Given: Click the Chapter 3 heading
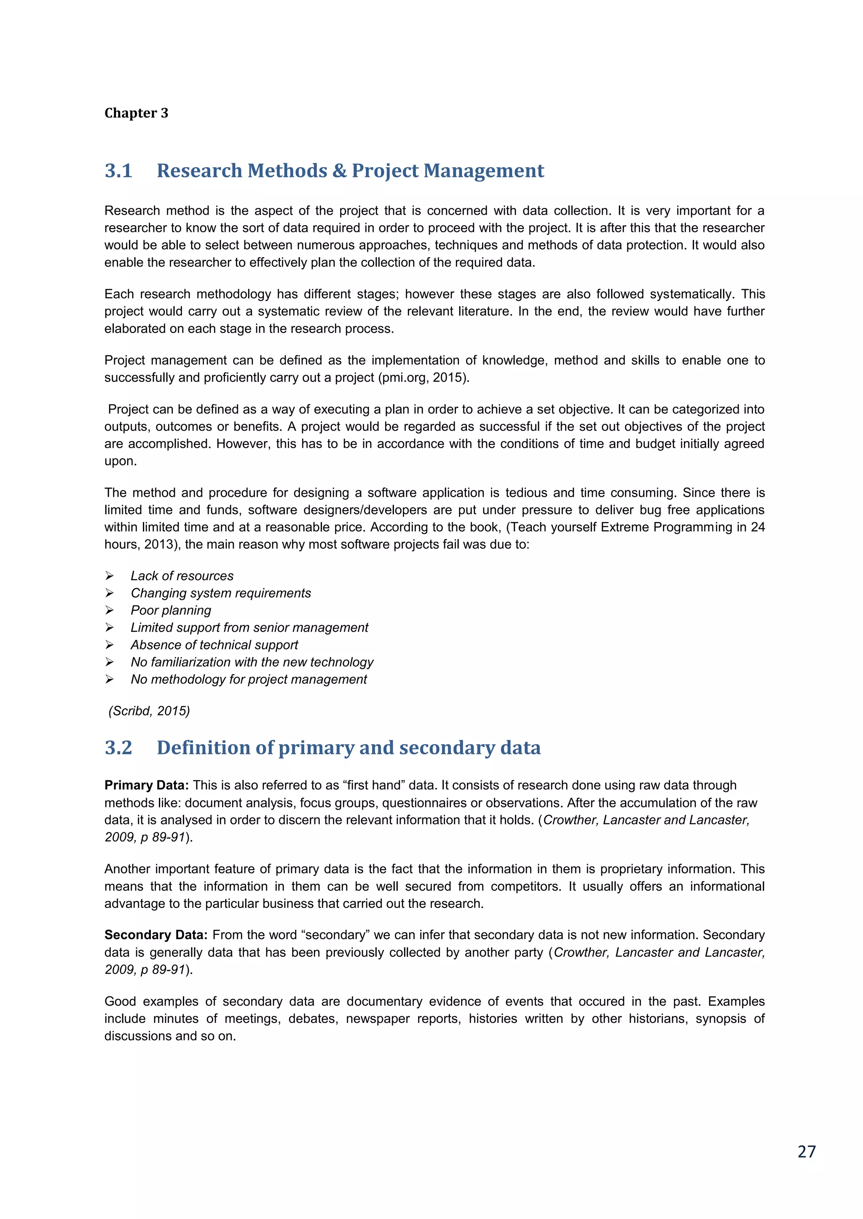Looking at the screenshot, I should (136, 113).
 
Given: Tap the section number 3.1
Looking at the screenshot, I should (118, 170).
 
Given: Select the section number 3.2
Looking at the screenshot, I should (118, 748).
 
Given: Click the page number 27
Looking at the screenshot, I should (806, 1152).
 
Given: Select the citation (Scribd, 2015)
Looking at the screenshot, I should (149, 711).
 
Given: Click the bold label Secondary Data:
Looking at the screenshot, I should (155, 935).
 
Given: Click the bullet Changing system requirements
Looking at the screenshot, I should (220, 593).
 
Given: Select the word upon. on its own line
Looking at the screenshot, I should (120, 461).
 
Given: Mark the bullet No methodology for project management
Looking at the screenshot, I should (248, 679).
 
